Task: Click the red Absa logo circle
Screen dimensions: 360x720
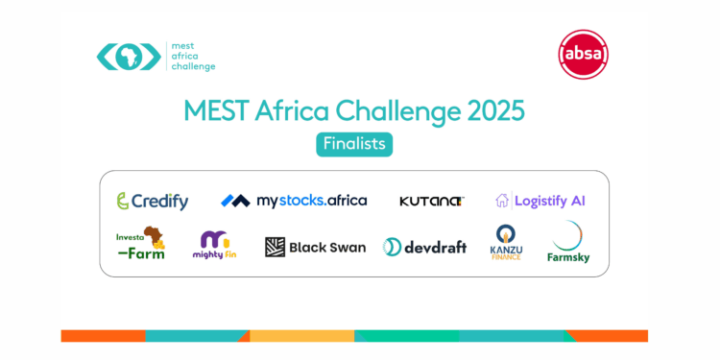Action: click(x=583, y=55)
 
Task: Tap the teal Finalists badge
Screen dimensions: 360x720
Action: click(x=354, y=144)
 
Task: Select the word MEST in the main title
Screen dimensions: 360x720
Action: click(x=217, y=110)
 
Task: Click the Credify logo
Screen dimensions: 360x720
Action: click(x=152, y=201)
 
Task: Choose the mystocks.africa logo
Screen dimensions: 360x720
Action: click(x=294, y=201)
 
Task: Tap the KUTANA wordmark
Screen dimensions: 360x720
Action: click(x=431, y=201)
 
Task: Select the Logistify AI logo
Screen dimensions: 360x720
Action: click(x=540, y=201)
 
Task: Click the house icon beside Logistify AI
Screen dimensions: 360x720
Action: click(x=501, y=201)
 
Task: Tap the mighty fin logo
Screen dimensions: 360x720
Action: click(x=214, y=245)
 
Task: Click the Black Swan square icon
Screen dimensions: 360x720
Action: click(x=275, y=247)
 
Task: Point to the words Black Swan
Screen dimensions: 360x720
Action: click(x=327, y=247)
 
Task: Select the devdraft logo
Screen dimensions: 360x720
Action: click(x=424, y=247)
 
